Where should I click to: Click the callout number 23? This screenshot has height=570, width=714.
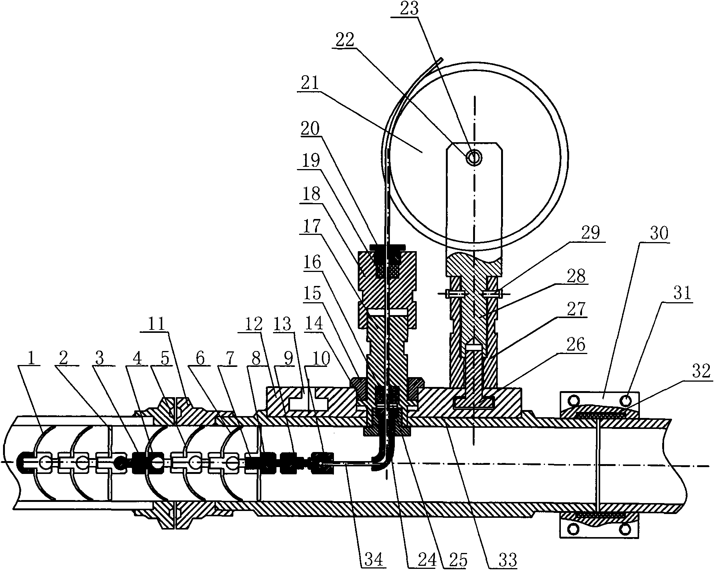[x=409, y=9]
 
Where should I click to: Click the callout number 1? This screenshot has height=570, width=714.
[x=32, y=359]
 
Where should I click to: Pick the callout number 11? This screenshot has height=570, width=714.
[x=158, y=324]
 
